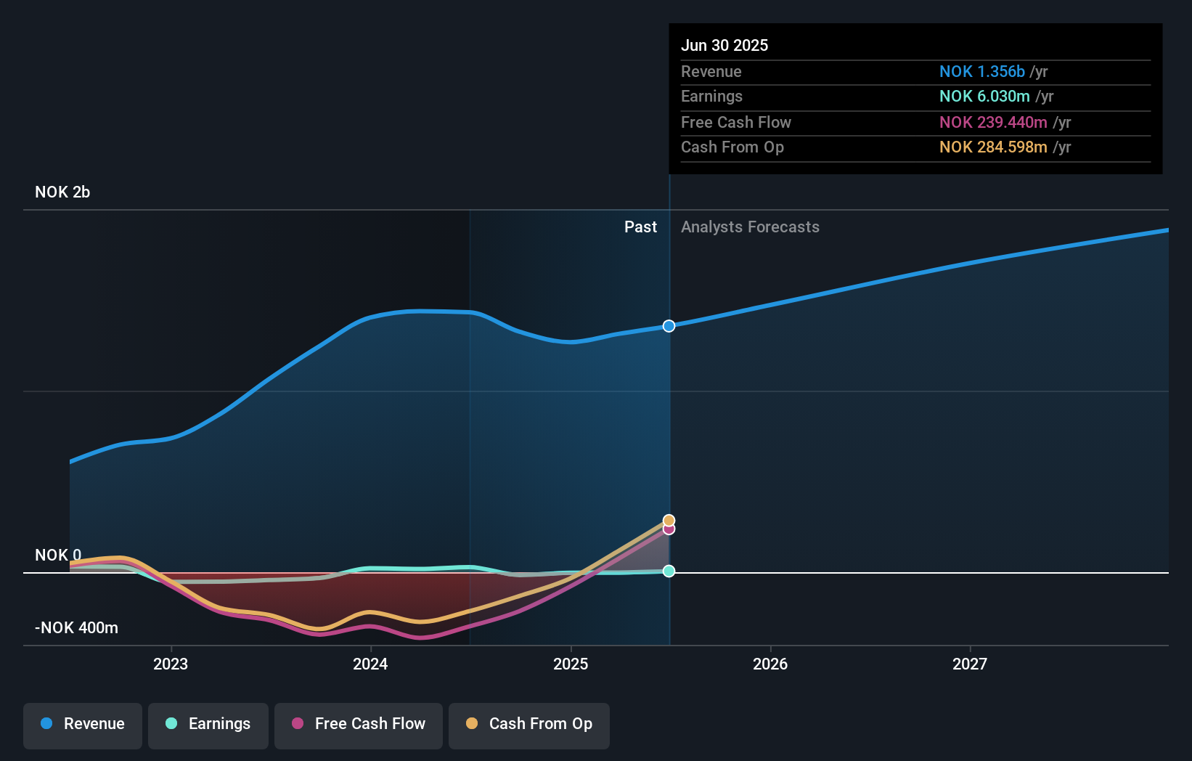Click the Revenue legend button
point(83,724)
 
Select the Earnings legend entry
point(208,724)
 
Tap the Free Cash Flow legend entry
point(359,724)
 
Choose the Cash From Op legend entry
point(529,724)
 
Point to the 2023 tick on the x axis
point(171,664)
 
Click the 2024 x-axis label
point(370,664)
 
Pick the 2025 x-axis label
point(571,664)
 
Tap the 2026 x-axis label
point(770,664)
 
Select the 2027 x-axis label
point(970,664)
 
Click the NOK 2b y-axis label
point(62,192)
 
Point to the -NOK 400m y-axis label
point(76,628)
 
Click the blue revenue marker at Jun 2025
point(669,326)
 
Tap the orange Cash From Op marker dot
point(669,520)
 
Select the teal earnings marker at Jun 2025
point(669,571)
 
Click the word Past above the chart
point(640,227)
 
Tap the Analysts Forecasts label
point(750,227)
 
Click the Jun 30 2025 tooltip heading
point(724,45)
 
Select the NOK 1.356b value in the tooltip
point(981,72)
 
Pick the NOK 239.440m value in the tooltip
point(992,123)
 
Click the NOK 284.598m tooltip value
point(992,147)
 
